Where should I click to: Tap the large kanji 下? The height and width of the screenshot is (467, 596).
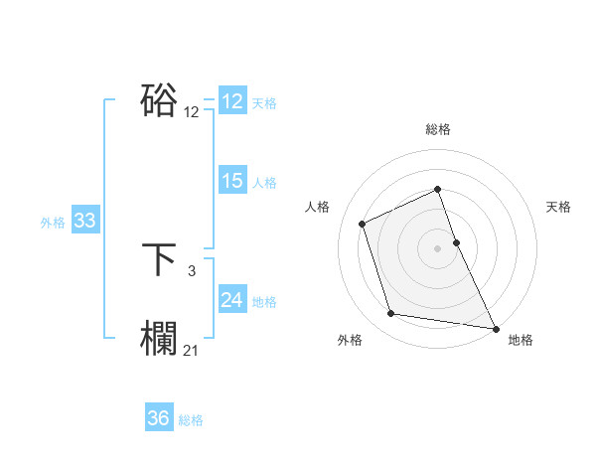click(x=159, y=260)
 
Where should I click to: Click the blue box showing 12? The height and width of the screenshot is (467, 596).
click(x=231, y=101)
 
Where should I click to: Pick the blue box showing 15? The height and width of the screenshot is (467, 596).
click(x=231, y=181)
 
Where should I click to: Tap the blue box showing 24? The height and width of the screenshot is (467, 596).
click(x=231, y=300)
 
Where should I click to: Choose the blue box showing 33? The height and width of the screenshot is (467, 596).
click(x=84, y=221)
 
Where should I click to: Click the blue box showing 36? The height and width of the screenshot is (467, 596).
click(x=158, y=418)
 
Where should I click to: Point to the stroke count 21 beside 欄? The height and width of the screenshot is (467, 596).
click(x=191, y=350)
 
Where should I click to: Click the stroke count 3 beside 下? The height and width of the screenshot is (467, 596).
click(x=191, y=269)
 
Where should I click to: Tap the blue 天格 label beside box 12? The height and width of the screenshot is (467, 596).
click(x=263, y=103)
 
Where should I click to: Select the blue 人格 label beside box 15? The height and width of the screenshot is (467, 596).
click(x=263, y=183)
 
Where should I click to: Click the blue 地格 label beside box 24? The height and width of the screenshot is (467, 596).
click(x=263, y=302)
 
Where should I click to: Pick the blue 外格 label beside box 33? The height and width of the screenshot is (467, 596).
click(x=53, y=223)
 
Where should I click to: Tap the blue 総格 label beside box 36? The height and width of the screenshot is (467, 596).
click(x=191, y=420)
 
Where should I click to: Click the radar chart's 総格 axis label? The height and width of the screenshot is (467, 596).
click(x=438, y=129)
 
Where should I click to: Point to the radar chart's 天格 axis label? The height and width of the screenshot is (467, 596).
click(x=559, y=207)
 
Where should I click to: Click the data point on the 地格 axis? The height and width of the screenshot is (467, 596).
click(x=496, y=327)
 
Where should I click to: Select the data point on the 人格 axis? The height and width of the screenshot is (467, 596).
click(x=363, y=224)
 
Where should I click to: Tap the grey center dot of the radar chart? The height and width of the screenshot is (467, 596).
click(x=438, y=247)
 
